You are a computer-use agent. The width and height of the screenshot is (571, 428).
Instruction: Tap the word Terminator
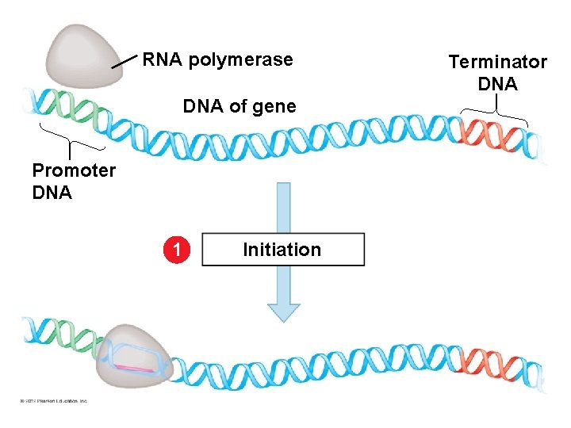pyautogui.click(x=497, y=62)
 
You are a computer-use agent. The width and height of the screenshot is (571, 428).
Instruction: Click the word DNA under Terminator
pyautogui.click(x=497, y=84)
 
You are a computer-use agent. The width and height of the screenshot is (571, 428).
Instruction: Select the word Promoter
pyautogui.click(x=74, y=170)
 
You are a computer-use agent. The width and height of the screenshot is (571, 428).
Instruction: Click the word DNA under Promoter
pyautogui.click(x=52, y=193)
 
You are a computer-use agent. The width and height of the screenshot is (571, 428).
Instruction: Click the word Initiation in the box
pyautogui.click(x=282, y=250)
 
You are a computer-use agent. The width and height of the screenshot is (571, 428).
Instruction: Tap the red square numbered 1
pyautogui.click(x=179, y=250)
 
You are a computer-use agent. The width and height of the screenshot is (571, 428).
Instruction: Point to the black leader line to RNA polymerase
pyautogui.click(x=125, y=62)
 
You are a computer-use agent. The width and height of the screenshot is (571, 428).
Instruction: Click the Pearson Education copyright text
pyautogui.click(x=54, y=401)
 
